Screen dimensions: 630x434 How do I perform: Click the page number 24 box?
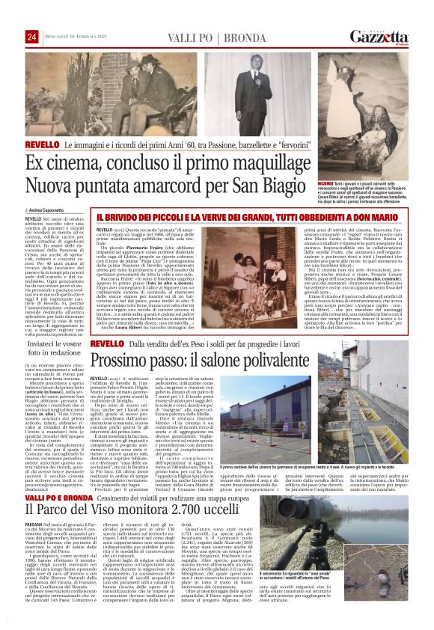[x=31, y=37]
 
